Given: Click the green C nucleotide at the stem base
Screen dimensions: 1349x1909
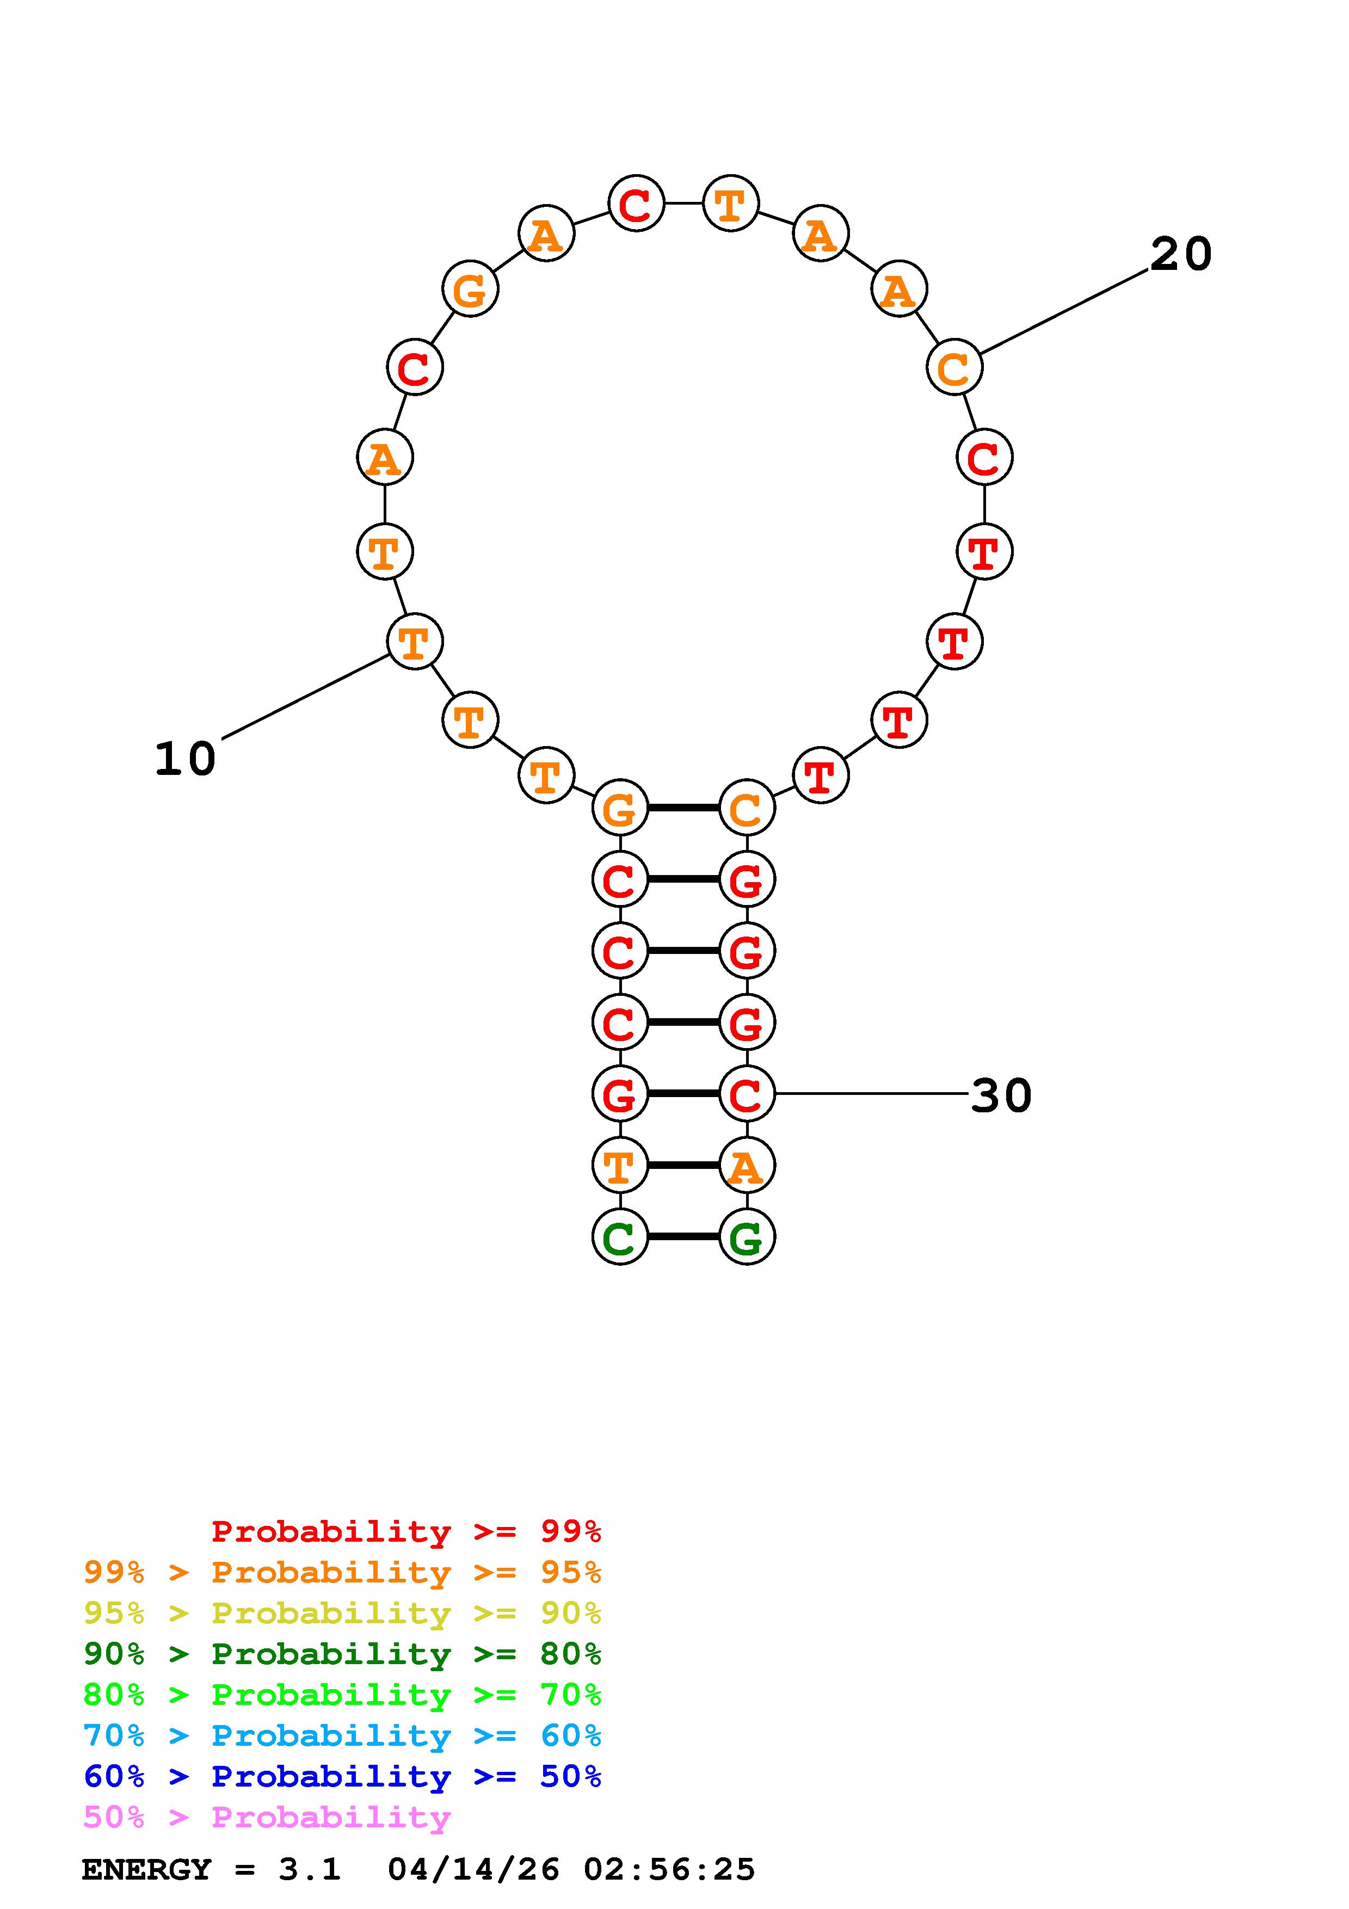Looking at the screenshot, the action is (x=620, y=1236).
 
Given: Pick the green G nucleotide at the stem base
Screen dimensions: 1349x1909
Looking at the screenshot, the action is (x=747, y=1236).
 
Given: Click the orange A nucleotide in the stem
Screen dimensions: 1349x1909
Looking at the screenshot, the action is (x=747, y=1165).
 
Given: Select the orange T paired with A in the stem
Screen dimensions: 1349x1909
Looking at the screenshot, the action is (x=620, y=1165).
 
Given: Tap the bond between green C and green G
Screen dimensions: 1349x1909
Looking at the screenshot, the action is (x=683, y=1236).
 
